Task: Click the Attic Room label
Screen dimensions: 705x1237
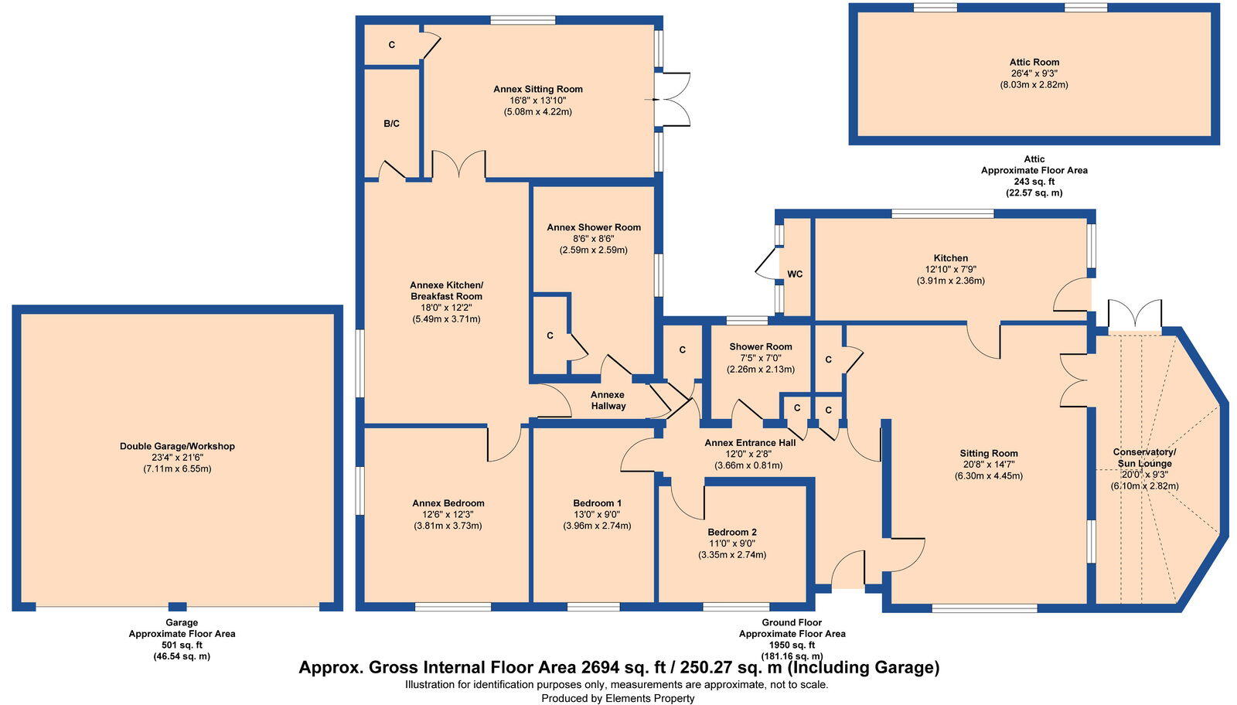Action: (x=1034, y=63)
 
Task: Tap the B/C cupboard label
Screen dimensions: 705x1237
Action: (x=391, y=124)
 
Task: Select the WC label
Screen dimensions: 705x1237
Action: (x=795, y=274)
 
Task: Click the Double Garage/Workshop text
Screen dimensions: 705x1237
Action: (x=177, y=446)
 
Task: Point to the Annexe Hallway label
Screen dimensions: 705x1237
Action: (x=608, y=400)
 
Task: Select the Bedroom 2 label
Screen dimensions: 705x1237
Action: (x=731, y=532)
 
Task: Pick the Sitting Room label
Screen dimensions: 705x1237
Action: (x=989, y=454)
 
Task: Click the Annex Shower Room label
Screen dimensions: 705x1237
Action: (x=594, y=227)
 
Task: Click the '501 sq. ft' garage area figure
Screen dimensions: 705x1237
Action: (x=182, y=645)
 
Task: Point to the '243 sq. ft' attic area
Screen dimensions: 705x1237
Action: (x=1034, y=182)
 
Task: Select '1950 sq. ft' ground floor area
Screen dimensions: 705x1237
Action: (x=792, y=645)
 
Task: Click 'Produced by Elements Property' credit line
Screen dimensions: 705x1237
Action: (x=618, y=698)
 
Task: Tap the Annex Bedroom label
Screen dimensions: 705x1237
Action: (x=448, y=503)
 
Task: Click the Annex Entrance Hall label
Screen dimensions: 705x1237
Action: (x=749, y=443)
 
